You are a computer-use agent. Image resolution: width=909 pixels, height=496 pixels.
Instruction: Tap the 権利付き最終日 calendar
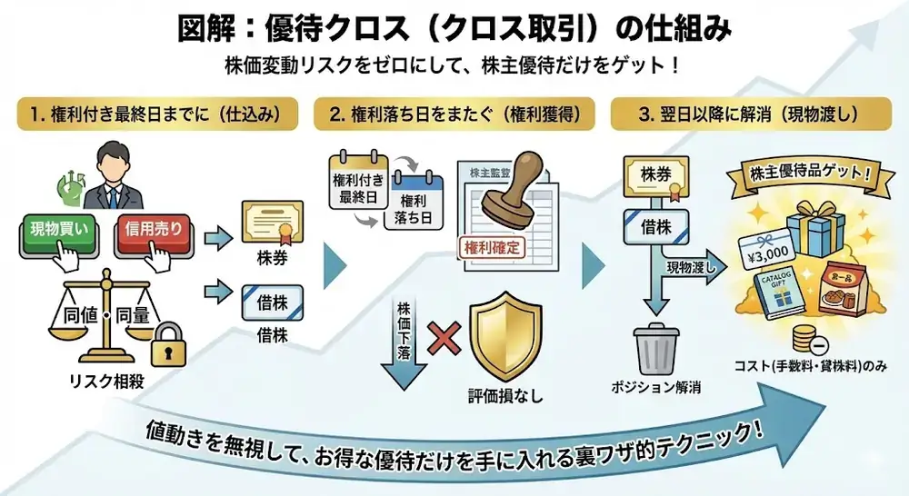[x=359, y=185]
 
